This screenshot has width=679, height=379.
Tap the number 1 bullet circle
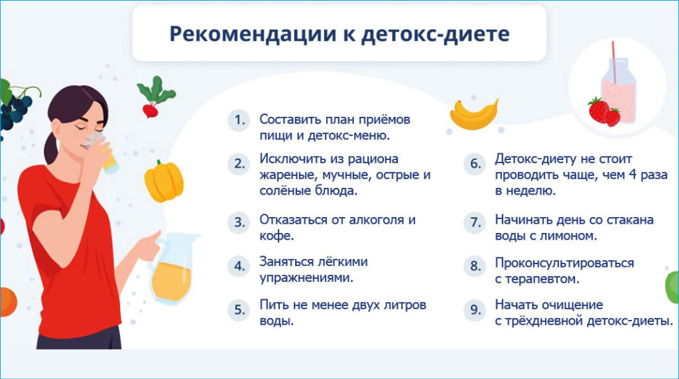coord(239,119)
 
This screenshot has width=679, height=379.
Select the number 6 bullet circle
coord(475,164)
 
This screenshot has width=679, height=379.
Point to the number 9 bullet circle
coord(475,309)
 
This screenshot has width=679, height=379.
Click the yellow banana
coord(473,115)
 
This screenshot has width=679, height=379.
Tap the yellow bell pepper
coord(164,181)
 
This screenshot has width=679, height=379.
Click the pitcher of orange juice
coord(173,269)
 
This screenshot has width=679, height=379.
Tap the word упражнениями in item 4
coord(306,278)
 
